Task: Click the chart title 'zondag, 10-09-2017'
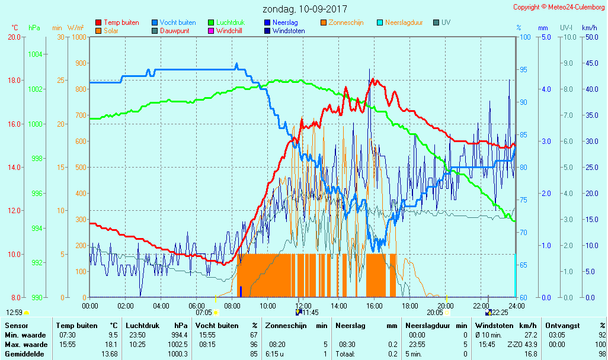[305, 9]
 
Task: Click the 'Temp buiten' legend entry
[121, 22]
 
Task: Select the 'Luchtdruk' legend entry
[232, 22]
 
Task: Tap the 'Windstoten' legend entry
[289, 31]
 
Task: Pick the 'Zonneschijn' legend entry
[345, 22]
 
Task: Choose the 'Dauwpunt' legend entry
[174, 31]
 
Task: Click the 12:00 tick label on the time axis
[303, 306]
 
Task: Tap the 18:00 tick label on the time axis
[409, 306]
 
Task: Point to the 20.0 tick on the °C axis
[15, 37]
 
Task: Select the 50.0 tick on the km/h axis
[589, 37]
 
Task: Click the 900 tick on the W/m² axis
[80, 63]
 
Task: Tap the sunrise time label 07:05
[203, 313]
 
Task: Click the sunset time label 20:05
[434, 313]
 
